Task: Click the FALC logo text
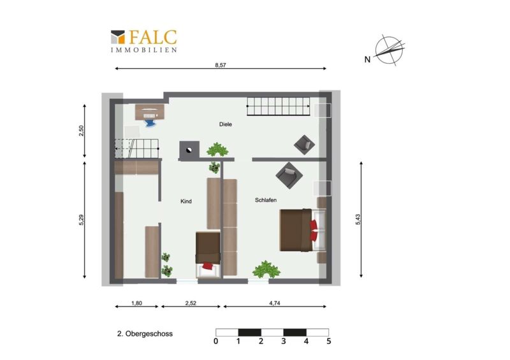pos(153,37)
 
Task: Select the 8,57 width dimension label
pos(220,65)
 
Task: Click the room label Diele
pos(226,124)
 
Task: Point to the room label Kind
pos(186,201)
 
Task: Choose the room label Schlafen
pos(266,200)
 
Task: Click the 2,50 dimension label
pos(82,131)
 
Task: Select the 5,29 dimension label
pos(82,220)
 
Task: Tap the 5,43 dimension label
pos(358,220)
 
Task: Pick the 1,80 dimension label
pos(136,303)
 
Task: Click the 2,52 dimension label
pos(191,303)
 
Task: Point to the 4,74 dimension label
pos(275,303)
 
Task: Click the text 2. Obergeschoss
pos(145,334)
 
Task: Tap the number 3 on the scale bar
pos(284,341)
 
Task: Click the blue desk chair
pos(150,123)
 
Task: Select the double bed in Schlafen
pos(303,230)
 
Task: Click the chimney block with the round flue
pos(189,150)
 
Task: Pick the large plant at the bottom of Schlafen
pos(266,270)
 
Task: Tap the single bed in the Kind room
pos(208,255)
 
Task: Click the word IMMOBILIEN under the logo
pos(144,50)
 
